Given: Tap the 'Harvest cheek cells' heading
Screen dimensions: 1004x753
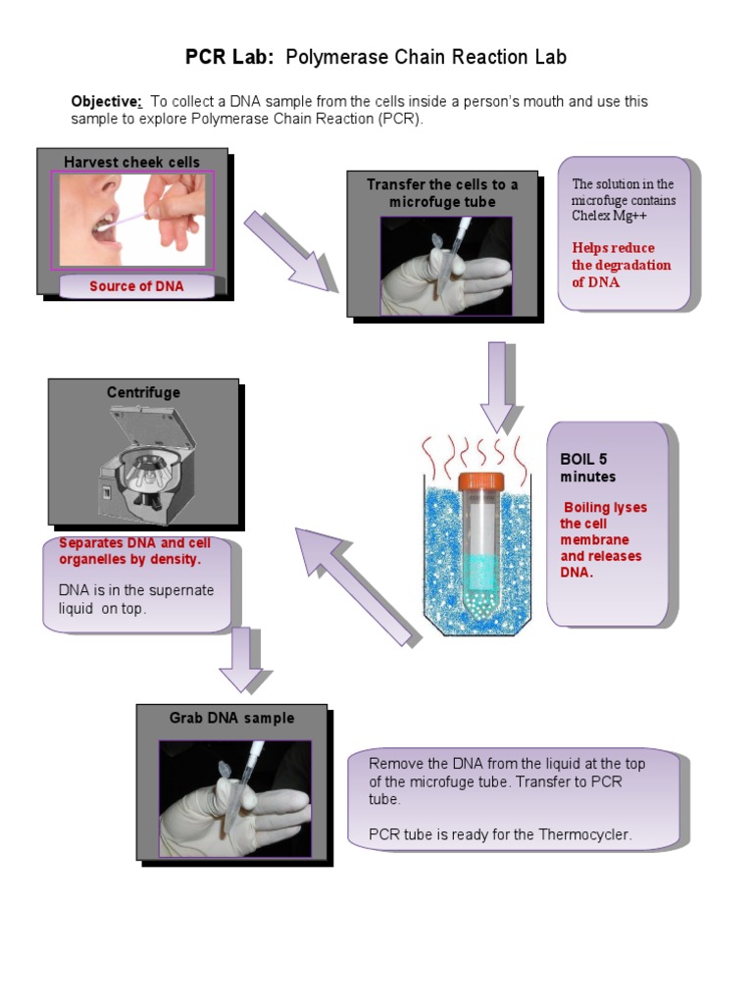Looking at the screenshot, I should coord(131,162).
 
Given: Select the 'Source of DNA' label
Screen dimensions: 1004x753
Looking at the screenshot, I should coord(136,286).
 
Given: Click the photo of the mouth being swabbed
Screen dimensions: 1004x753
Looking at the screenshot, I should coord(131,221).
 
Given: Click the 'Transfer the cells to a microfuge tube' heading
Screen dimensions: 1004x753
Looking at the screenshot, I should coord(442,193).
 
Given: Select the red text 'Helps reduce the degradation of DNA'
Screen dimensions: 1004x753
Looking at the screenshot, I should coord(621,265).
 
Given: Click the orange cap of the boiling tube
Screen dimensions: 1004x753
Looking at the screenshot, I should coord(480,481).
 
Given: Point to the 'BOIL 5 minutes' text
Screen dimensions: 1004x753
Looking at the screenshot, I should coord(589,468).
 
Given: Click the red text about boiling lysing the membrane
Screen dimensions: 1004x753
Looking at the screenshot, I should coord(603,539).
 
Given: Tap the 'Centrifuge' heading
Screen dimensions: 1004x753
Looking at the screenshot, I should coord(143,392).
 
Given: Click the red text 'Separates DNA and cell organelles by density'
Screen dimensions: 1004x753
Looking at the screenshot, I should coord(134,551).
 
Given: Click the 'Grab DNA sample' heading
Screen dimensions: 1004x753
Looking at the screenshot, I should coord(231,718).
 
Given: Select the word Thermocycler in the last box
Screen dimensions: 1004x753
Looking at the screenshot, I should coord(584,834).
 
